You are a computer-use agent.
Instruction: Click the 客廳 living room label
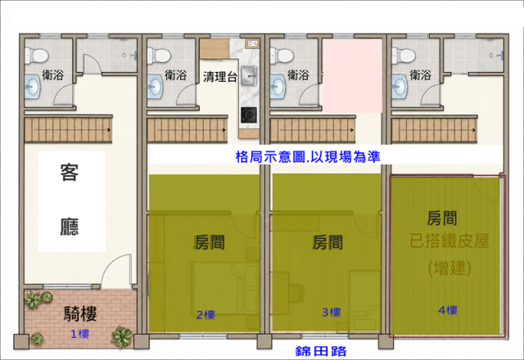point(70,200)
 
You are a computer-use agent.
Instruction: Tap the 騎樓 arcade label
point(80,314)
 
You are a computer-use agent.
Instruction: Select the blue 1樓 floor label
point(79,334)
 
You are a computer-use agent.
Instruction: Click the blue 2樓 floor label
point(206,315)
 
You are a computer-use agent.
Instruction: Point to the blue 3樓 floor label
point(331,313)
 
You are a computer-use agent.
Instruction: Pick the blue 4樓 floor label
point(448,311)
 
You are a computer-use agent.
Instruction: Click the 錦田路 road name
point(321,351)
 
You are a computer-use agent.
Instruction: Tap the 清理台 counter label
point(220,77)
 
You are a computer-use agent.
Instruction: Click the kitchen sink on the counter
point(249,76)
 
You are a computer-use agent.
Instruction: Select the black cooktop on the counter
point(249,115)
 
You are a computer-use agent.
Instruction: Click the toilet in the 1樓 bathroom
point(37,56)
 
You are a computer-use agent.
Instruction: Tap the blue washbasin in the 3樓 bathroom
point(278,87)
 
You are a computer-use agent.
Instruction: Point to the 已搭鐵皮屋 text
point(449,241)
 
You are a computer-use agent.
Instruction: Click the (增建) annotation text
point(449,268)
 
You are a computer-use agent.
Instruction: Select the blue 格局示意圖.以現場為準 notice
point(308,156)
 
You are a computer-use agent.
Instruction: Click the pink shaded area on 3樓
point(353,76)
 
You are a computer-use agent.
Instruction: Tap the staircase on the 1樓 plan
point(68,129)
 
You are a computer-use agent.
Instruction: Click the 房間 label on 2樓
point(210,242)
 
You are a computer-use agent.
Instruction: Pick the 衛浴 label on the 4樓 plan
point(420,74)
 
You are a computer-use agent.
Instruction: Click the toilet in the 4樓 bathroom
point(404,56)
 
